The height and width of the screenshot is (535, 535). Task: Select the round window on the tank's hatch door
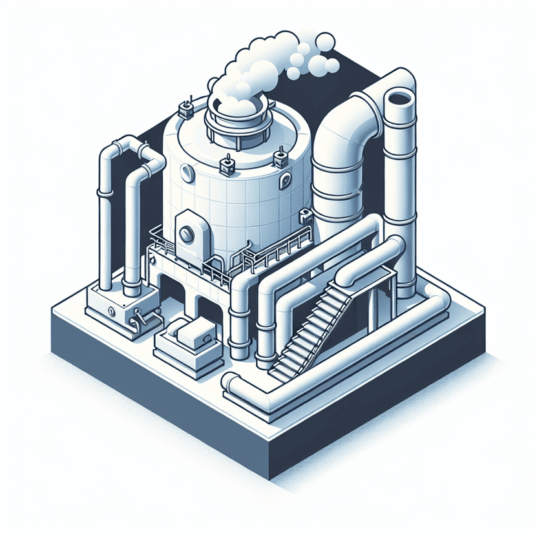[x=187, y=234]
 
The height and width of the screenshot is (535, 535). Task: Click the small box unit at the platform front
[x=193, y=336]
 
